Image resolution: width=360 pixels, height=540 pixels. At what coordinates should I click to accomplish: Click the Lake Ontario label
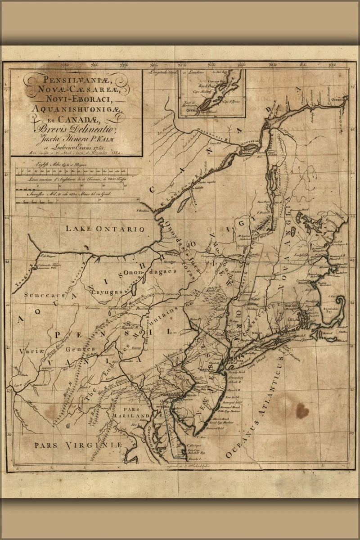point(105,229)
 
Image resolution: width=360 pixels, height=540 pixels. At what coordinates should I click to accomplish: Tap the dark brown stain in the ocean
point(302,410)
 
